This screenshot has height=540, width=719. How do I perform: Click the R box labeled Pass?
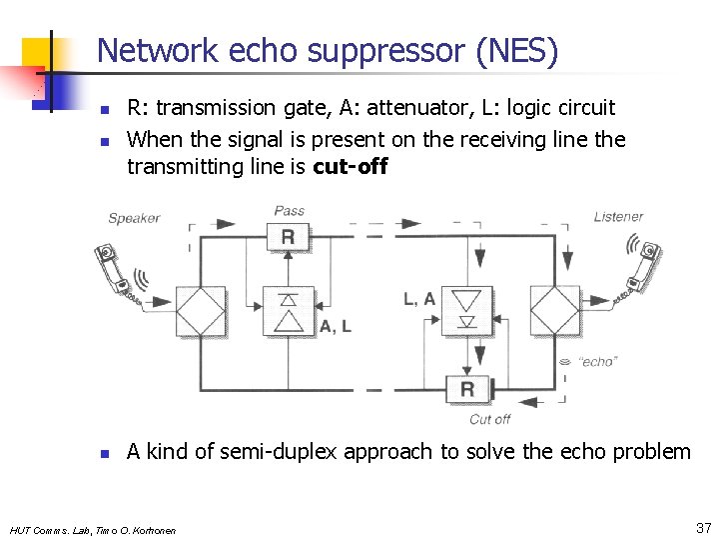(x=288, y=238)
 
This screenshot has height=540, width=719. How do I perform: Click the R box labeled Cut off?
(x=467, y=389)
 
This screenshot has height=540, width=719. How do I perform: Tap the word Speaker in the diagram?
(x=134, y=218)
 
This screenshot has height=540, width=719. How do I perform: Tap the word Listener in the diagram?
(x=618, y=217)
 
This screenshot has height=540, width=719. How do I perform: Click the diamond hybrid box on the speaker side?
(x=202, y=311)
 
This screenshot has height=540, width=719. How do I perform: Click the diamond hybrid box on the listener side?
(x=555, y=311)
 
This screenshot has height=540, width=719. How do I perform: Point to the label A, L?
(x=336, y=327)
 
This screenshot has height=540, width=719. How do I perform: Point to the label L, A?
(x=419, y=298)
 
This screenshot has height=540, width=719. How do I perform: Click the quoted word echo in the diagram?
(x=597, y=362)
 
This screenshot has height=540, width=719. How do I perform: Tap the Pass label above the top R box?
(x=290, y=211)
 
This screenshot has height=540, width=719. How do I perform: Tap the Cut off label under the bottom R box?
(x=489, y=419)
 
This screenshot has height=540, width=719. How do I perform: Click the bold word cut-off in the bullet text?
(x=350, y=167)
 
